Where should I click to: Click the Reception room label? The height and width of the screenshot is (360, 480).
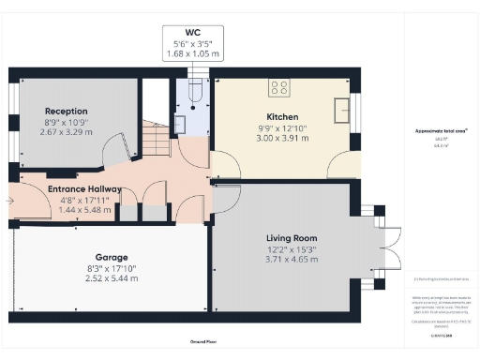[66, 110]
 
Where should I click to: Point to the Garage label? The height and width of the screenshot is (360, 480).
[112, 256]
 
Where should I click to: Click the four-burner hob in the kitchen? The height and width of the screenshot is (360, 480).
[279, 88]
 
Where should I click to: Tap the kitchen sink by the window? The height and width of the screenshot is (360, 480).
[341, 106]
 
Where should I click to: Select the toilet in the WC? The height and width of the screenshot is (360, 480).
[192, 91]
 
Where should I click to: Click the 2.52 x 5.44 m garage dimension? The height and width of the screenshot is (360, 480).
[112, 278]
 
